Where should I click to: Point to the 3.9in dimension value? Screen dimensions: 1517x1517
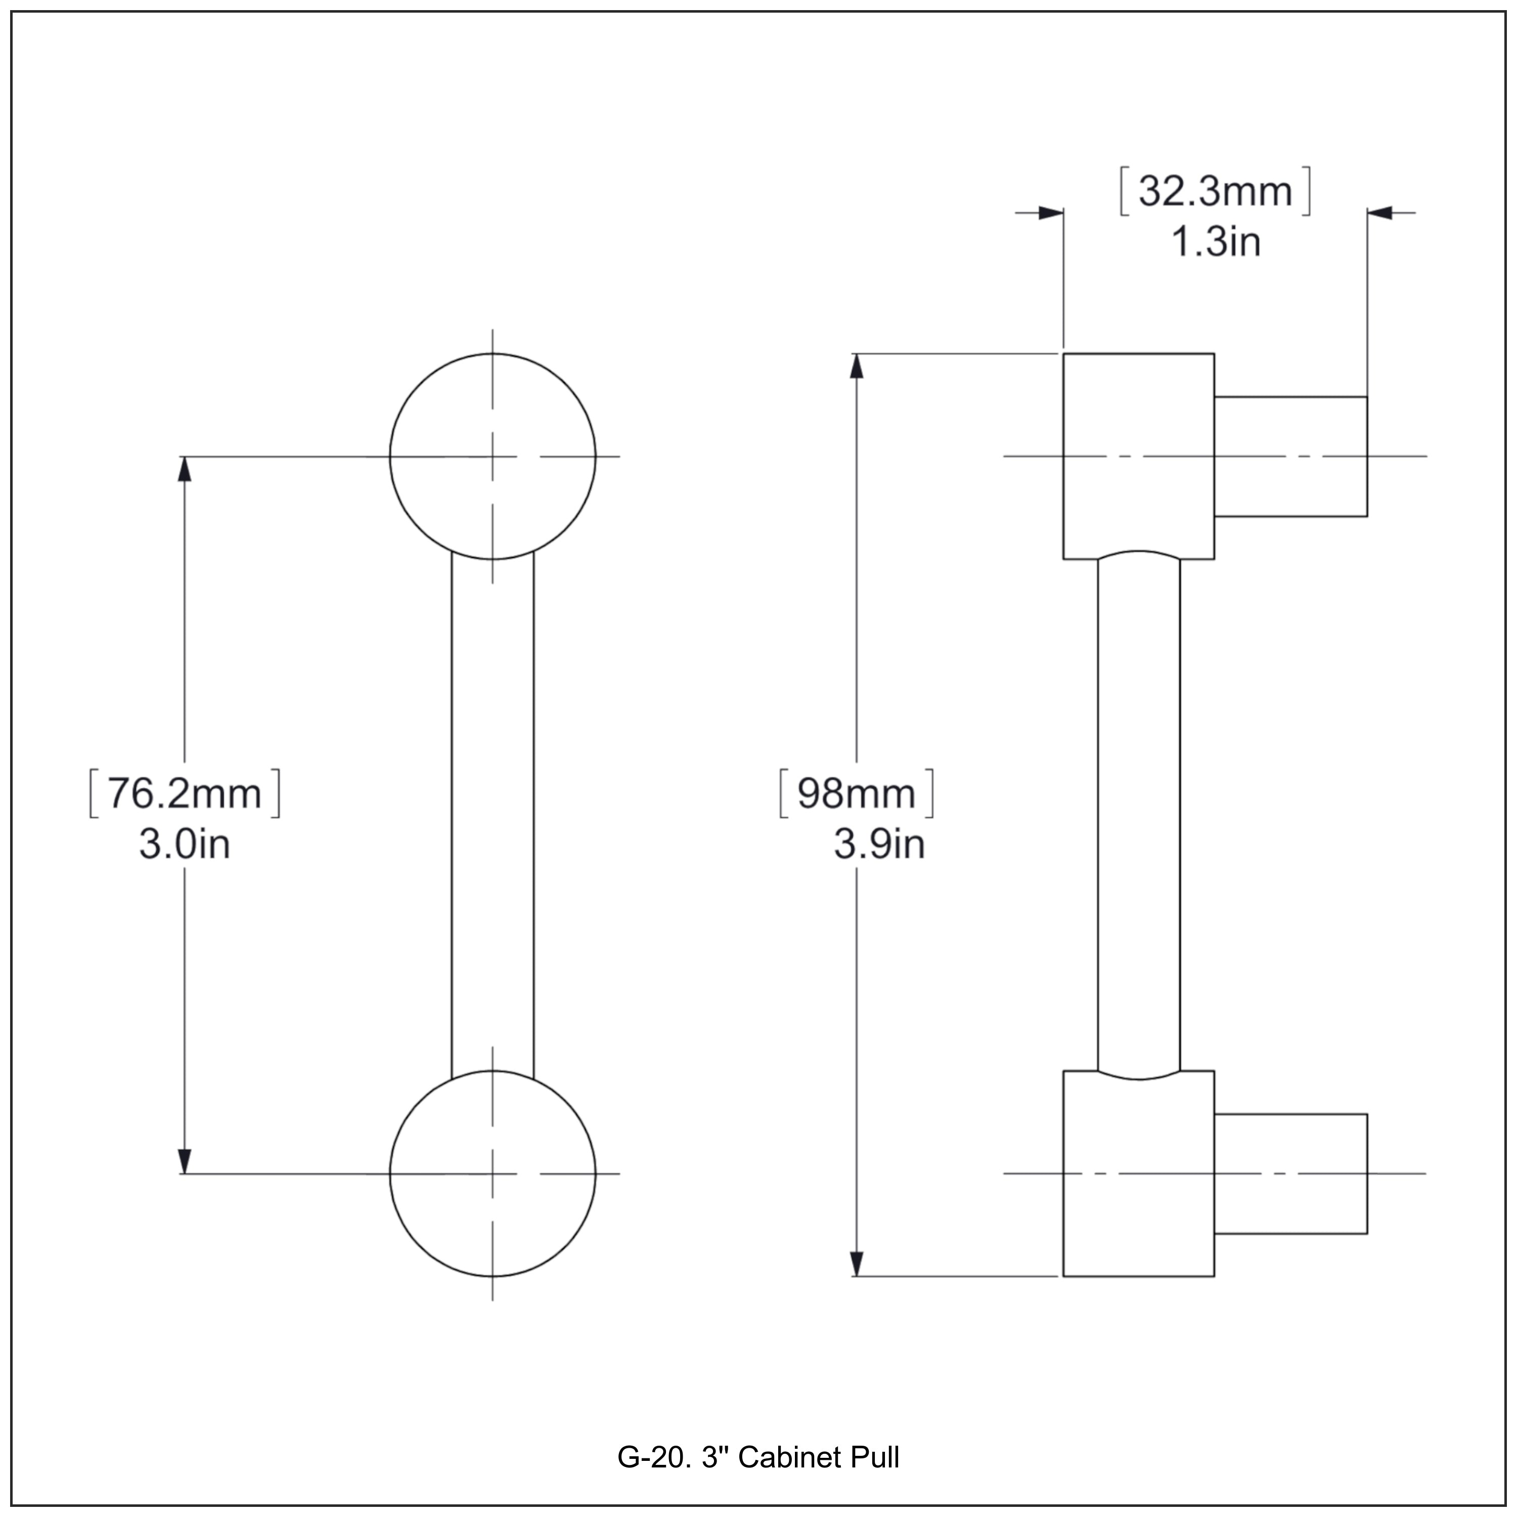(x=879, y=845)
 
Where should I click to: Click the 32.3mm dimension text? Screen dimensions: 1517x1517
(x=1214, y=191)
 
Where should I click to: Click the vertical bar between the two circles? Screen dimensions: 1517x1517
(x=493, y=817)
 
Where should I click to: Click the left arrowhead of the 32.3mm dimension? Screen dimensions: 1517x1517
(x=1051, y=213)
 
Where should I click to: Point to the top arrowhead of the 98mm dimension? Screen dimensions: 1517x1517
(x=857, y=366)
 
